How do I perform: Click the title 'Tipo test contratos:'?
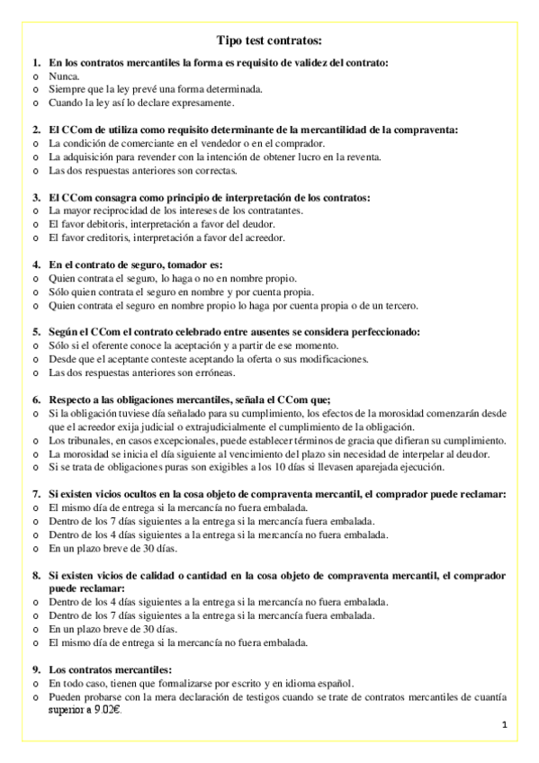coord(269,40)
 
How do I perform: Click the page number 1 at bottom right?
coord(505,724)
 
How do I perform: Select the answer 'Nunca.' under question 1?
coord(64,76)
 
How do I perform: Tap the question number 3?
coord(36,197)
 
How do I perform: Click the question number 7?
coord(36,494)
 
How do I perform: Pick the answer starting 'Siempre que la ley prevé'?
coord(156,90)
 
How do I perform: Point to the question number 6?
coord(36,399)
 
